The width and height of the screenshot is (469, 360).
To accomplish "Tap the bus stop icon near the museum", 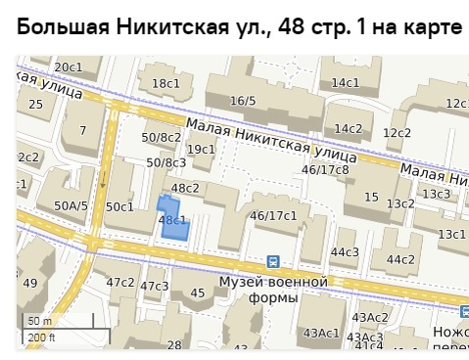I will (273, 261).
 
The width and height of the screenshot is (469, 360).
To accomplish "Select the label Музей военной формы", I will (271, 290).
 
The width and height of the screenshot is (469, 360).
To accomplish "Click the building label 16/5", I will (243, 101).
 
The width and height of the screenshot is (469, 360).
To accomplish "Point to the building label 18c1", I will (164, 84).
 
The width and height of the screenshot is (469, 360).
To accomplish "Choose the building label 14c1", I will (346, 83).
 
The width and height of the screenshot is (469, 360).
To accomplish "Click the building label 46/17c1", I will (273, 215).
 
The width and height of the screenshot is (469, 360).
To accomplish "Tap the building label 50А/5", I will (70, 205).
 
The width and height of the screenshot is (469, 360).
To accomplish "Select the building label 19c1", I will (201, 149).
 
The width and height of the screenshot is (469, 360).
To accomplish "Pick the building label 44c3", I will (345, 252).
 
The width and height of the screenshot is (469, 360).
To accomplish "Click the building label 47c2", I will (120, 282).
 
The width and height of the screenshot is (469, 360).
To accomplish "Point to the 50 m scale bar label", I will (39, 322).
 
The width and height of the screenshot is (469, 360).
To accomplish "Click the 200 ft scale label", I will (42, 337).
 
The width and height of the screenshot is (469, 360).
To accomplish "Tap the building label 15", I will (371, 198).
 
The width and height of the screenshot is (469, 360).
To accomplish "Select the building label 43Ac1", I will (321, 334).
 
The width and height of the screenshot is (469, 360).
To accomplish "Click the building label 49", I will (30, 284).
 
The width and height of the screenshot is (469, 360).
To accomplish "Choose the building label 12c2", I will (397, 132).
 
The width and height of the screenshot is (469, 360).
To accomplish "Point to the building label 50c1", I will (119, 206).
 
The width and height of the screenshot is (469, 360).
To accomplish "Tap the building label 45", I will (198, 292).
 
